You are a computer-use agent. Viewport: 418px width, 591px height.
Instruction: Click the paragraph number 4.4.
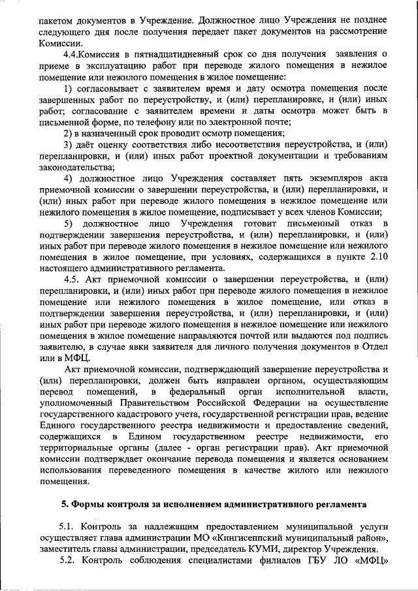click(71, 54)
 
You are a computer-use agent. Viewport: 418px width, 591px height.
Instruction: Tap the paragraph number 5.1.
click(68, 526)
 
